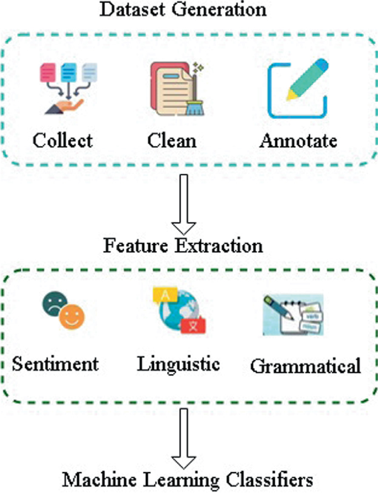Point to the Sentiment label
pos(55,364)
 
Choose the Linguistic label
pos(178,364)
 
